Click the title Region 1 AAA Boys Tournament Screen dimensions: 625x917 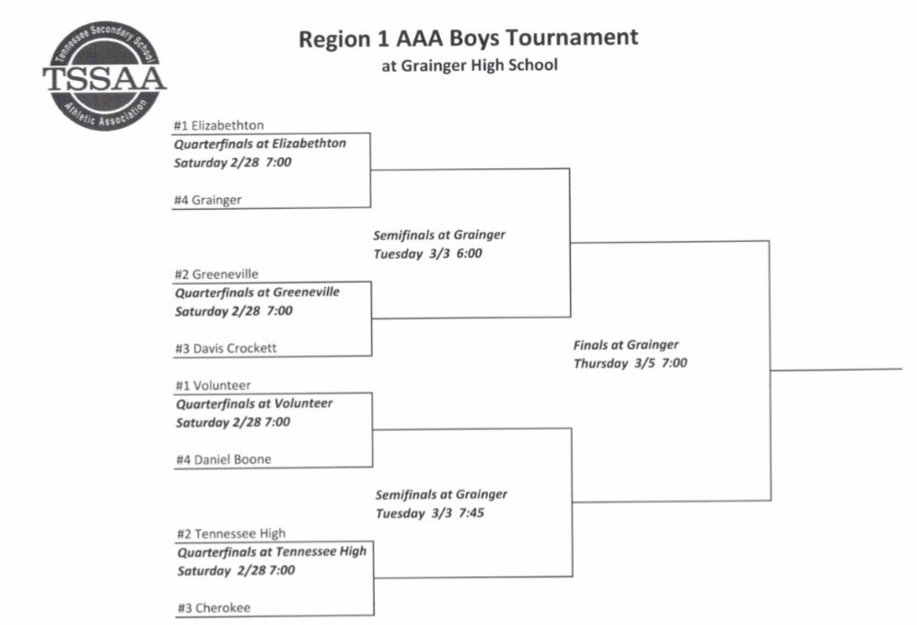(x=468, y=39)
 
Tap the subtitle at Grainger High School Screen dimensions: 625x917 (x=470, y=65)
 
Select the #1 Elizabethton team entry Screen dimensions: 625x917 (x=219, y=125)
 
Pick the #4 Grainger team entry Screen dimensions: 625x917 (x=209, y=200)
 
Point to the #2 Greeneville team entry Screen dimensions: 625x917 (x=216, y=273)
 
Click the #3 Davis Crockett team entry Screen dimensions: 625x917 (x=226, y=348)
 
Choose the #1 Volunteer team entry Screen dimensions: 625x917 (x=213, y=386)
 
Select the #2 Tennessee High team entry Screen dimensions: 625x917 (x=230, y=533)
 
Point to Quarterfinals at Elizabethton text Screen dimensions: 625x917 (x=261, y=144)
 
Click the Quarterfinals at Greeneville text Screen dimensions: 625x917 (x=257, y=292)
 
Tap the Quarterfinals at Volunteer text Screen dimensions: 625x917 (x=254, y=403)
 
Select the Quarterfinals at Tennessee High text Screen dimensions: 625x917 (x=271, y=551)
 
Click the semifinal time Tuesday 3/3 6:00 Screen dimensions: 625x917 (x=427, y=253)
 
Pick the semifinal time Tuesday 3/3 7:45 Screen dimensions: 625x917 (x=429, y=513)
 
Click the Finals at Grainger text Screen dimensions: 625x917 (x=626, y=345)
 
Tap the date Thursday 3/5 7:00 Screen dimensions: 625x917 (x=630, y=364)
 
